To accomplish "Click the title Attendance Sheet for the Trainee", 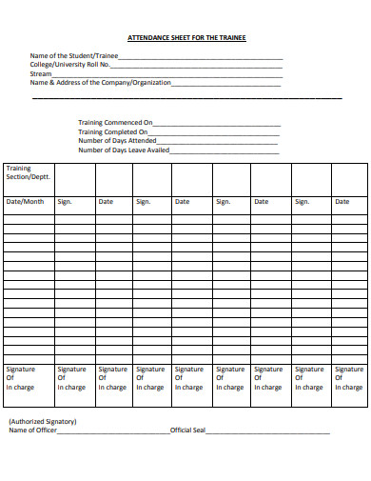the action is (186, 37).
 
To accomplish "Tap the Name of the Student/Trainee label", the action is (74, 56).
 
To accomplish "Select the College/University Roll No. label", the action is (70, 65).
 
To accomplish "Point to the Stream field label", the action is (41, 73).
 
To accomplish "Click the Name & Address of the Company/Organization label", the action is (101, 83).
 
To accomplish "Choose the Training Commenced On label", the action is (115, 123).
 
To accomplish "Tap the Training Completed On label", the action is (113, 132).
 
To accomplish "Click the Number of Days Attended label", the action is (117, 141).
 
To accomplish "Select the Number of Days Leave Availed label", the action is (124, 150).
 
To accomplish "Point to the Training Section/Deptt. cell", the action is (29, 173).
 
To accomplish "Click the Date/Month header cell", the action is (26, 202).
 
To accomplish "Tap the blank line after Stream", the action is (167, 75).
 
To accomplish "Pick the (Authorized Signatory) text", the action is (43, 421).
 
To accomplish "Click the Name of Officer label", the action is (32, 431).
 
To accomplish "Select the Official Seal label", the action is (187, 431).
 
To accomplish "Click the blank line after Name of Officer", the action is (112, 432).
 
